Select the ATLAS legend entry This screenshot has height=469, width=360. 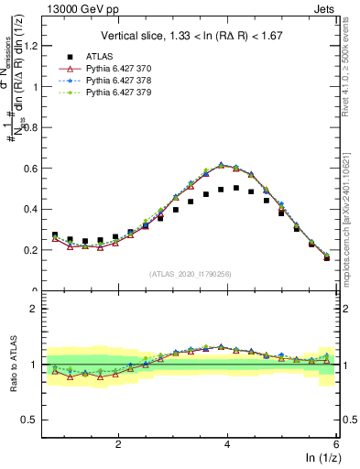tap(102, 56)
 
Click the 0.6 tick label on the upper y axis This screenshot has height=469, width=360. tap(34, 169)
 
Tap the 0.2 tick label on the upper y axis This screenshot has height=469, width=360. tap(34, 250)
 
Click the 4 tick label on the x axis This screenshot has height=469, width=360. tap(227, 443)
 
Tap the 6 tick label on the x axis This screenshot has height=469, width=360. tap(336, 443)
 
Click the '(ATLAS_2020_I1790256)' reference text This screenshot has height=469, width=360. tap(191, 273)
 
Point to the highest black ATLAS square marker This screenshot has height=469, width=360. tap(236, 188)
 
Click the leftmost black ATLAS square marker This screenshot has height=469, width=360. tap(55, 235)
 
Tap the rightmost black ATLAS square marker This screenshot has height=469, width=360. tap(327, 257)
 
